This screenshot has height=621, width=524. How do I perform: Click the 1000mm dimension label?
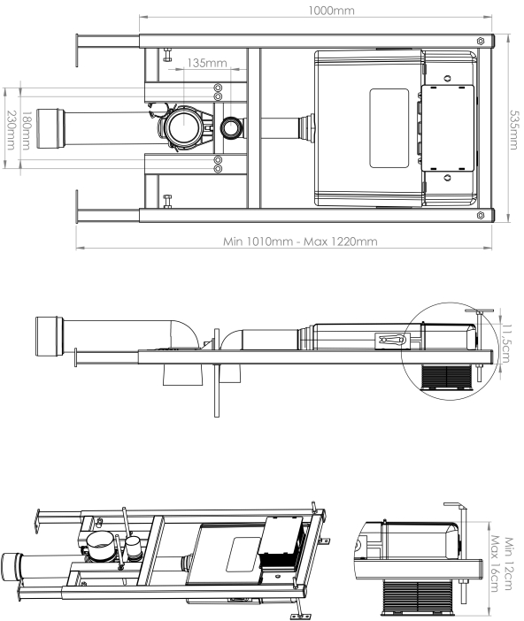tap(331, 11)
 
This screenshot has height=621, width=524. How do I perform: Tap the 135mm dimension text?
tap(207, 63)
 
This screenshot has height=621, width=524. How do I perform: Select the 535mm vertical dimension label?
tap(512, 130)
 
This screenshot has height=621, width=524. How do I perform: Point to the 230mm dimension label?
tap(12, 130)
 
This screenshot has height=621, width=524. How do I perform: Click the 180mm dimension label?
tap(26, 131)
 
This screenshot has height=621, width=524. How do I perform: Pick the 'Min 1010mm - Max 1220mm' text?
tap(300, 241)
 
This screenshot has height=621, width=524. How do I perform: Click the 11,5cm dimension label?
tap(506, 342)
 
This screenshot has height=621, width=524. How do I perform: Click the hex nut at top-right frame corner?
tap(481, 41)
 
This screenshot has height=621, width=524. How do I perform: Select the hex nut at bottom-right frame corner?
tap(481, 215)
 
